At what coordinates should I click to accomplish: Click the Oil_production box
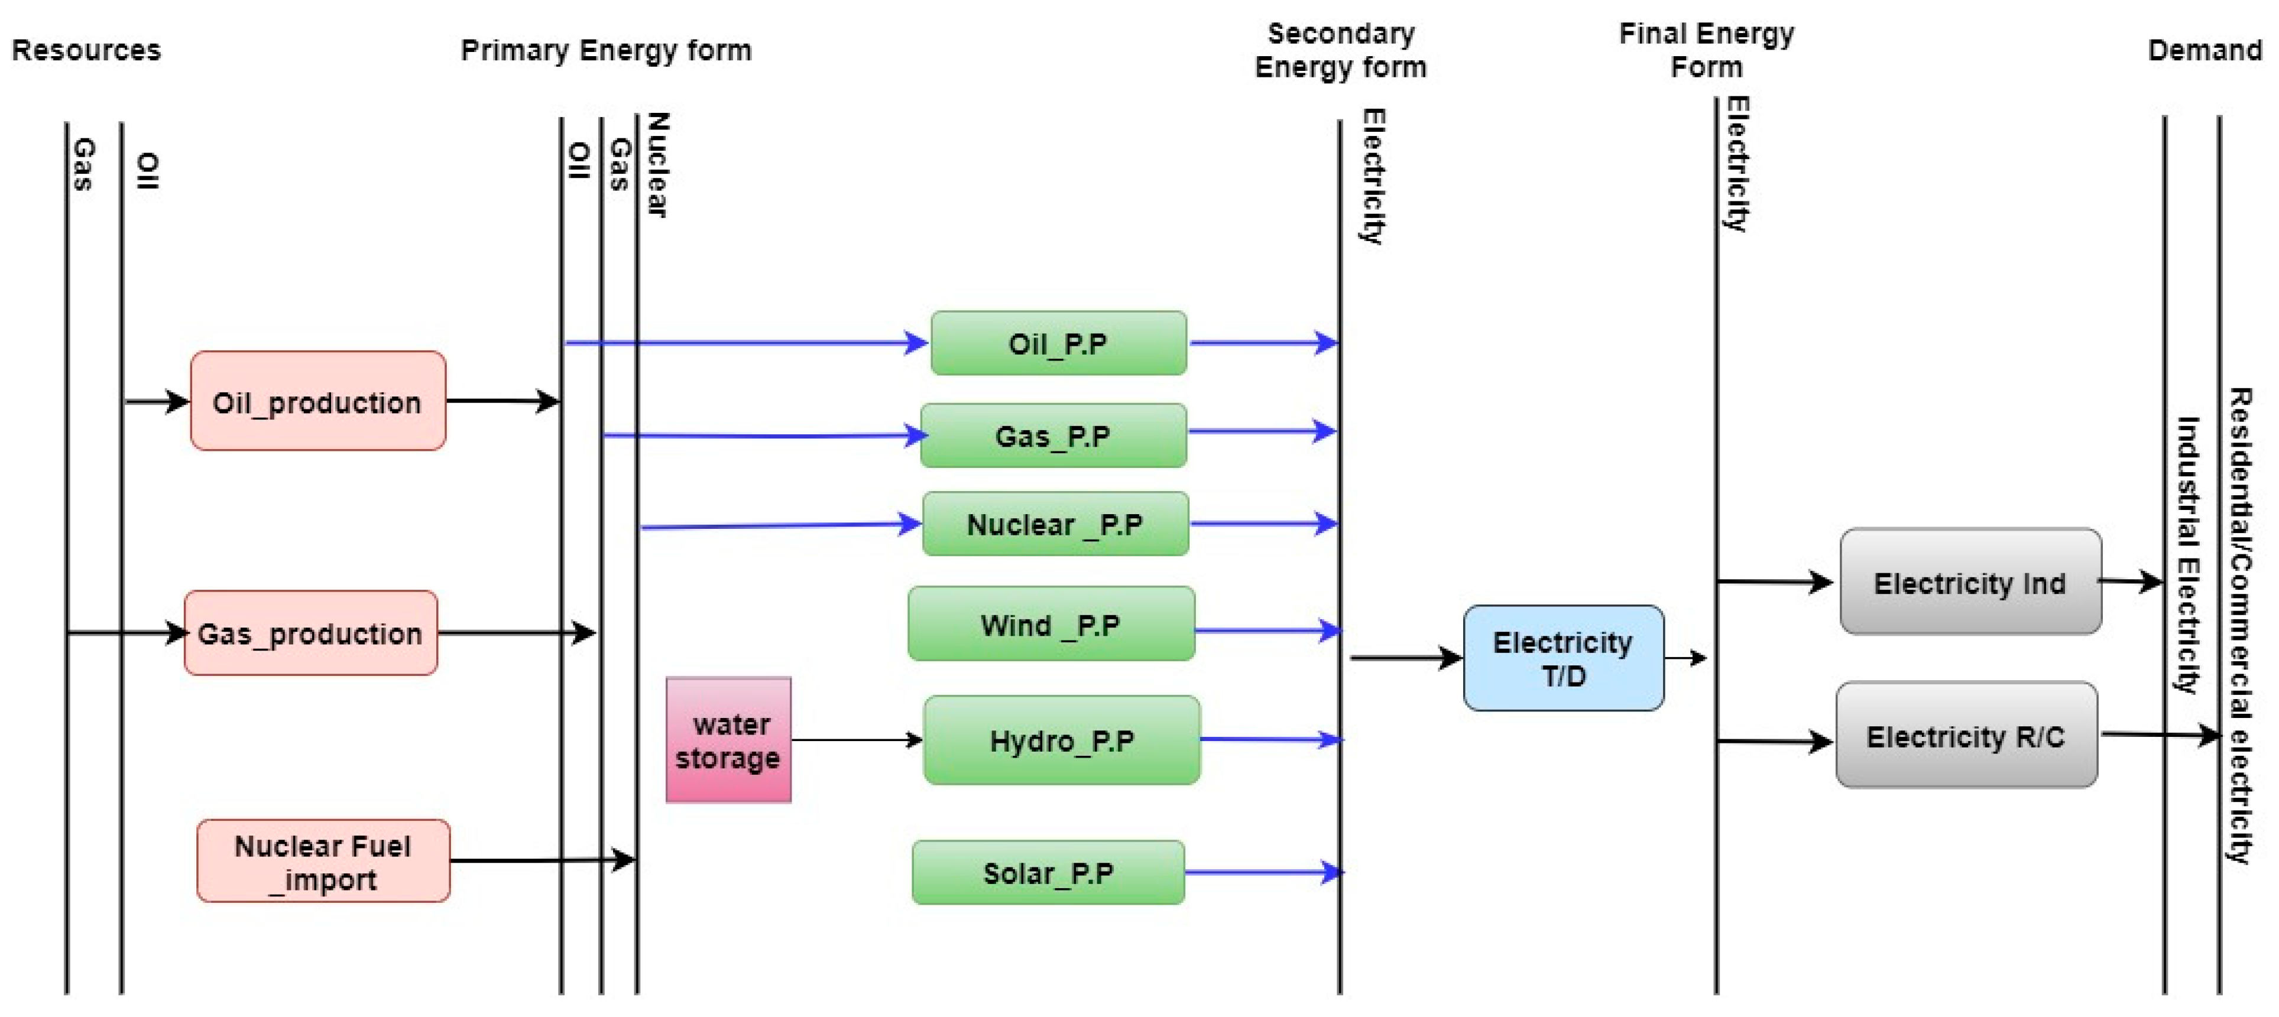[x=317, y=401]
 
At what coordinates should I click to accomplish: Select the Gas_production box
[x=310, y=633]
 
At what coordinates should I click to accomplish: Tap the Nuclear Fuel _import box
[x=323, y=862]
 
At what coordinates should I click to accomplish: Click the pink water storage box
[x=728, y=740]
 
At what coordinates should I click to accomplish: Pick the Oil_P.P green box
[x=1058, y=343]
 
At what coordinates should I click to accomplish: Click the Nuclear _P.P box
[x=1055, y=524]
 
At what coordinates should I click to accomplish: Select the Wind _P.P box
[x=1051, y=625]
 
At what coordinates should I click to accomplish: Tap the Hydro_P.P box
[x=1062, y=740]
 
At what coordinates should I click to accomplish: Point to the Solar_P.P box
[x=1048, y=873]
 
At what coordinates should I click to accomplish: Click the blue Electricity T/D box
[x=1563, y=658]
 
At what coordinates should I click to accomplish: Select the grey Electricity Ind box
[x=1970, y=582]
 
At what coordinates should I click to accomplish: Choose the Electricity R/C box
[x=1966, y=735]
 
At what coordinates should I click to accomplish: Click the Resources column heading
[x=86, y=50]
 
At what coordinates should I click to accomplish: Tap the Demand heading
[x=2204, y=50]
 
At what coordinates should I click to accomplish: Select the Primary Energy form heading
[x=606, y=50]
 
